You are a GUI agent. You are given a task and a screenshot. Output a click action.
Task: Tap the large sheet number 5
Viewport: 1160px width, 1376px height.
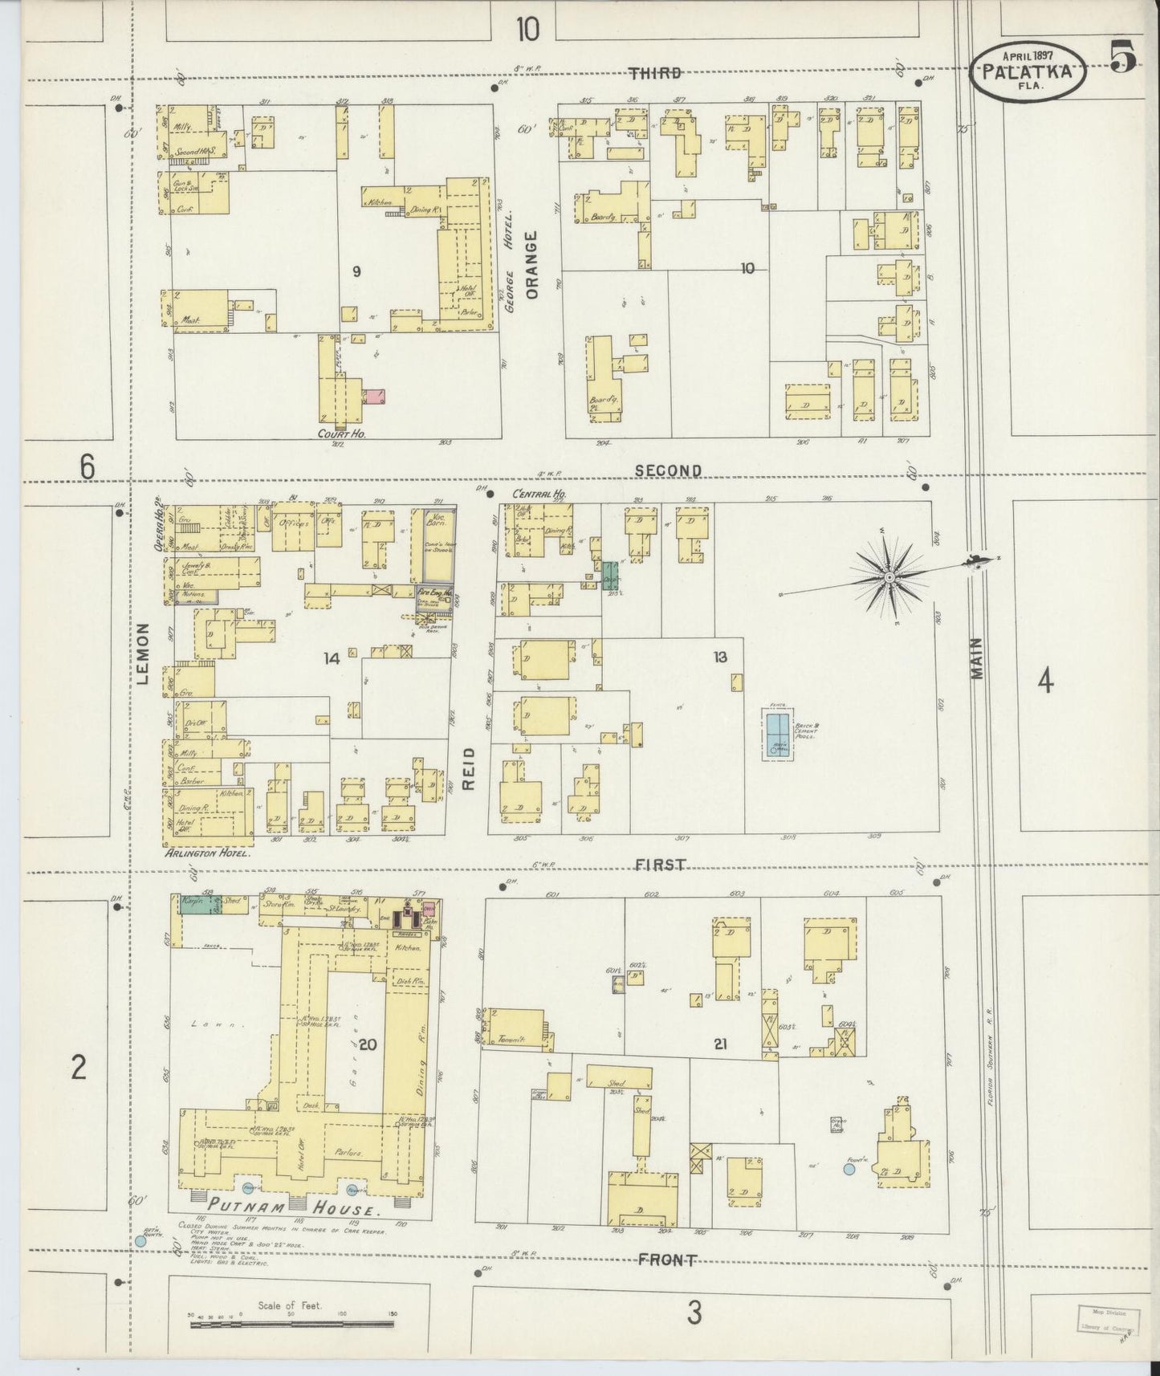[x=1122, y=57]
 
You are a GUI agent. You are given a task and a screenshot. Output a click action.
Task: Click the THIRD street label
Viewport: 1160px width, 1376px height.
[x=655, y=73]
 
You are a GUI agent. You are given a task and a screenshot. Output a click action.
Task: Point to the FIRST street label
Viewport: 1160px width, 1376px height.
[x=661, y=865]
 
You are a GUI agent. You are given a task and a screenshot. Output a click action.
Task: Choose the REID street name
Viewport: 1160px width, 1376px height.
[x=470, y=768]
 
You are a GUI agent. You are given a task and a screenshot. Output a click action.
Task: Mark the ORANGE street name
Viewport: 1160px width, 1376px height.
[x=531, y=265]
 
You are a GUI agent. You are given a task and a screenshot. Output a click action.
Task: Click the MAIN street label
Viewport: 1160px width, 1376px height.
[x=976, y=658]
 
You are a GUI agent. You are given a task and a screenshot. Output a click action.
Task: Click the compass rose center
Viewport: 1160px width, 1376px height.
[x=889, y=577]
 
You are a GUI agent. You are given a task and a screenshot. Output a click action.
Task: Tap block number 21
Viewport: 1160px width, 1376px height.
[x=720, y=1044]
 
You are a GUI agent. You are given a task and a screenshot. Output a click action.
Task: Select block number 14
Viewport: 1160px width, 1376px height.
[x=332, y=658]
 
